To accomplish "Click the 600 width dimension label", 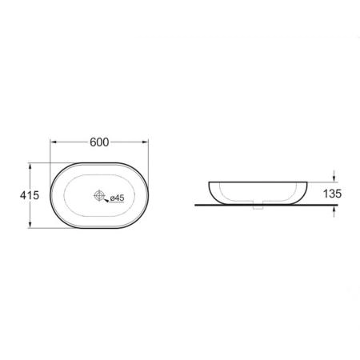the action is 99,142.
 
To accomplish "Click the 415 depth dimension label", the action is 30,195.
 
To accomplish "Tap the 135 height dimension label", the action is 332,194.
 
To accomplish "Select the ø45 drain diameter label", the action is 118,198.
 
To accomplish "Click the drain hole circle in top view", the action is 99,195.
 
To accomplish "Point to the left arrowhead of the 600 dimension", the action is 54,142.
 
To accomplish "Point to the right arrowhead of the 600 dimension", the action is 145,142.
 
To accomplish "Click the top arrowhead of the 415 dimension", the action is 30,166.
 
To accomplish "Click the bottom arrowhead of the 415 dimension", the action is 30,225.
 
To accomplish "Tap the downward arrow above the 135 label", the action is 334,177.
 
